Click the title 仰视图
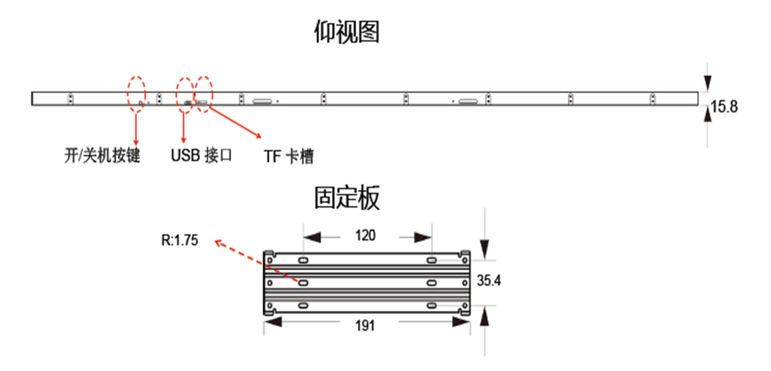tap(347, 32)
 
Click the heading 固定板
tap(347, 198)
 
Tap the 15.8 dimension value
tap(724, 107)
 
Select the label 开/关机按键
tap(103, 156)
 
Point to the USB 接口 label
tap(202, 155)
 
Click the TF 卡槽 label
tap(288, 157)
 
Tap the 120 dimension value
tap(365, 235)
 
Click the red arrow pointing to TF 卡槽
tap(235, 122)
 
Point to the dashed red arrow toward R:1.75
tap(257, 260)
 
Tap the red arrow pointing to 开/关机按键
tap(136, 125)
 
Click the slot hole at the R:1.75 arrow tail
tap(303, 282)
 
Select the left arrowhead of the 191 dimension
tap(273, 322)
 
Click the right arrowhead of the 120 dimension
tap(423, 238)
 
